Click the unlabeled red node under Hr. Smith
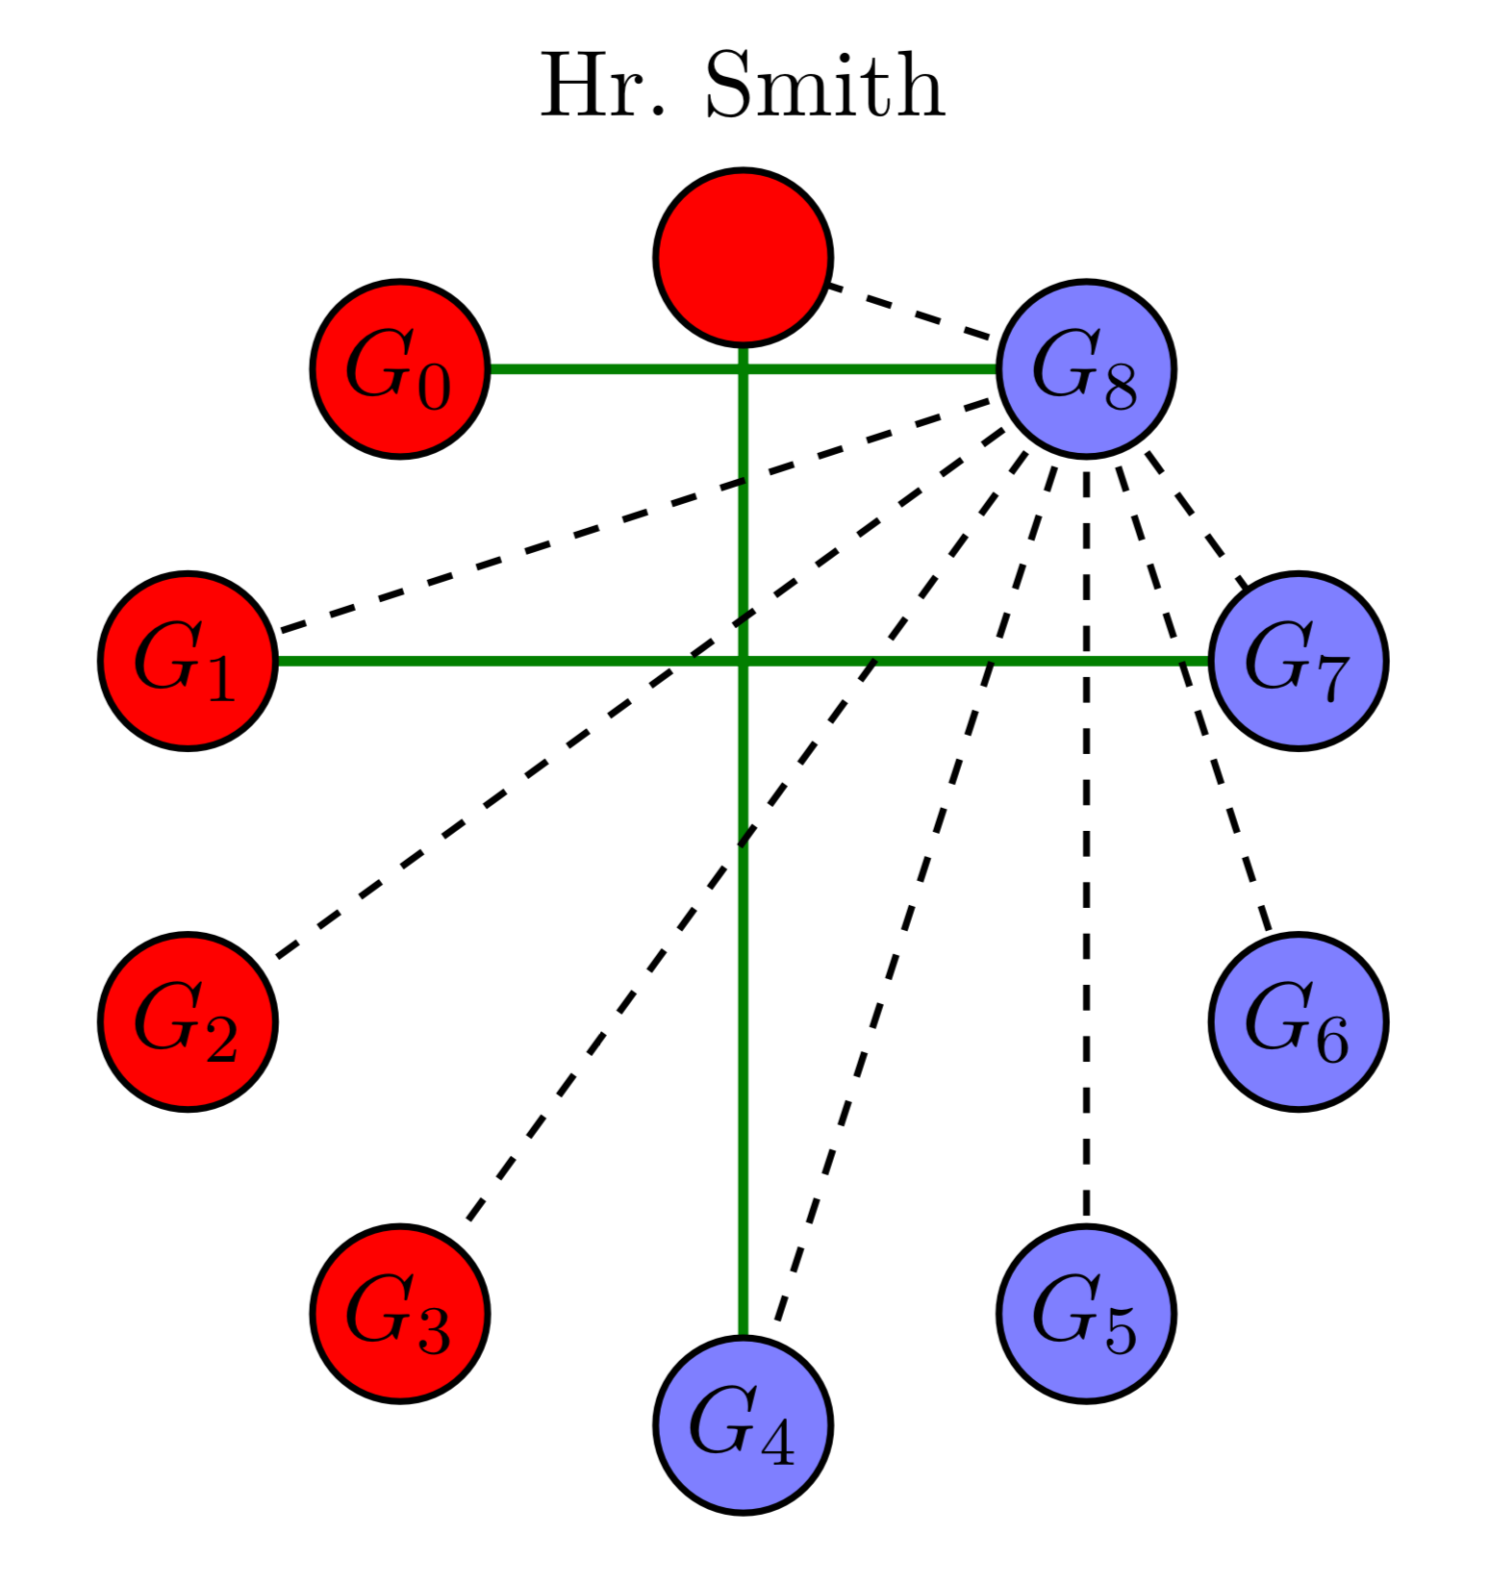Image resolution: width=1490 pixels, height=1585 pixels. [743, 257]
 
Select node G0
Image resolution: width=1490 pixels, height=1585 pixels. [399, 368]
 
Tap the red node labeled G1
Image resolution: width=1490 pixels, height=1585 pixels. [188, 661]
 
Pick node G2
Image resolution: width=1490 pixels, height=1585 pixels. [188, 1021]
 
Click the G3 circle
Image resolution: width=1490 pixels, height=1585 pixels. [399, 1314]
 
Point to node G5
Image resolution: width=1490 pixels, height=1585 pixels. [1086, 1314]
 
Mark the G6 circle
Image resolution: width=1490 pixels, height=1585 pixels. [1298, 1021]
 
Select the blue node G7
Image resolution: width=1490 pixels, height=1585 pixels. [1298, 661]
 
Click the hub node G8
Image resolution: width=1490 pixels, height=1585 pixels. [1086, 368]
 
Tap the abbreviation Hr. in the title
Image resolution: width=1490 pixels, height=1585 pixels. [601, 87]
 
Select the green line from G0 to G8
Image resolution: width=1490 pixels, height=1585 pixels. [616, 368]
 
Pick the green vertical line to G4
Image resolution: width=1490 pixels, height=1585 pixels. [743, 1058]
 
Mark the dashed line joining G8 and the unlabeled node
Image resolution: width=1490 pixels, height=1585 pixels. [909, 312]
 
